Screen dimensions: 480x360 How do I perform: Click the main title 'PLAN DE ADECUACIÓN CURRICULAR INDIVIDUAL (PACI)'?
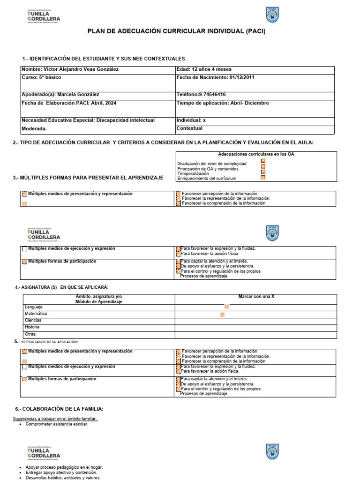[180, 31]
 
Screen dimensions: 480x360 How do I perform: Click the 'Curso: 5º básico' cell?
[41, 77]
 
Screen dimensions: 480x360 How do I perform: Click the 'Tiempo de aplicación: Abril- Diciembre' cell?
[223, 103]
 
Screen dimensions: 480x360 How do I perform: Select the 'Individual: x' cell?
[191, 120]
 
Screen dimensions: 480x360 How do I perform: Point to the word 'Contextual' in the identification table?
[189, 128]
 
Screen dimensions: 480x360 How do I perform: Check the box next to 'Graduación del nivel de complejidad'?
[263, 161]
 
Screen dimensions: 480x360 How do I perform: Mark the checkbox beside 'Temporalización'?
[263, 172]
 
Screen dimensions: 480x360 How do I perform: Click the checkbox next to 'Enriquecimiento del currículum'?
[263, 177]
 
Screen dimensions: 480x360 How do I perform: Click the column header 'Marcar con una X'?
[256, 297]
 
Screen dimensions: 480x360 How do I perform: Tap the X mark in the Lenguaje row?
[226, 307]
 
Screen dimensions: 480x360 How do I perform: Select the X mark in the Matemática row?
[222, 315]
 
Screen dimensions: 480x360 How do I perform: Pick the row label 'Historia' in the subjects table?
[32, 327]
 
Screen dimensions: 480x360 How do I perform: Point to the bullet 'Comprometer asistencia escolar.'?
[57, 424]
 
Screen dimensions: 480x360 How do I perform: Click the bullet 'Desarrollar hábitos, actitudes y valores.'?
[63, 478]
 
